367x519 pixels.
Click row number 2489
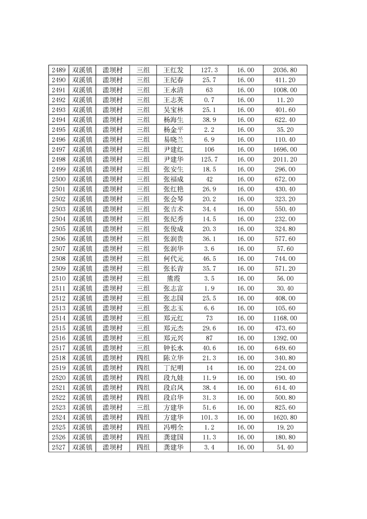pyautogui.click(x=58, y=70)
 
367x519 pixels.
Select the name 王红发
pyautogui.click(x=174, y=70)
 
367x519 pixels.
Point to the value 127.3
pyautogui.click(x=209, y=70)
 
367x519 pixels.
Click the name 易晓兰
pyautogui.click(x=174, y=140)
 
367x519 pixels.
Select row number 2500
pyautogui.click(x=58, y=179)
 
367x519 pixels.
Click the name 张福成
pyautogui.click(x=174, y=179)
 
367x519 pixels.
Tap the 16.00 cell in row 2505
pyautogui.click(x=245, y=229)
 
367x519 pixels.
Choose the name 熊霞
pyautogui.click(x=174, y=278)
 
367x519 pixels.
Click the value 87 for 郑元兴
pyautogui.click(x=209, y=338)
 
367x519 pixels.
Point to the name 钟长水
pyautogui.click(x=174, y=348)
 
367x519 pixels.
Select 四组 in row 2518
pyautogui.click(x=143, y=358)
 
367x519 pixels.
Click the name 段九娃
pyautogui.click(x=174, y=378)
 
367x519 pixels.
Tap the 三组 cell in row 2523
pyautogui.click(x=143, y=408)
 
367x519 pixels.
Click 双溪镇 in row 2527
pyautogui.click(x=82, y=447)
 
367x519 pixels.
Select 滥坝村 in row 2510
pyautogui.click(x=112, y=278)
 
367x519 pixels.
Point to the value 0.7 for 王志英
pyautogui.click(x=209, y=100)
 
